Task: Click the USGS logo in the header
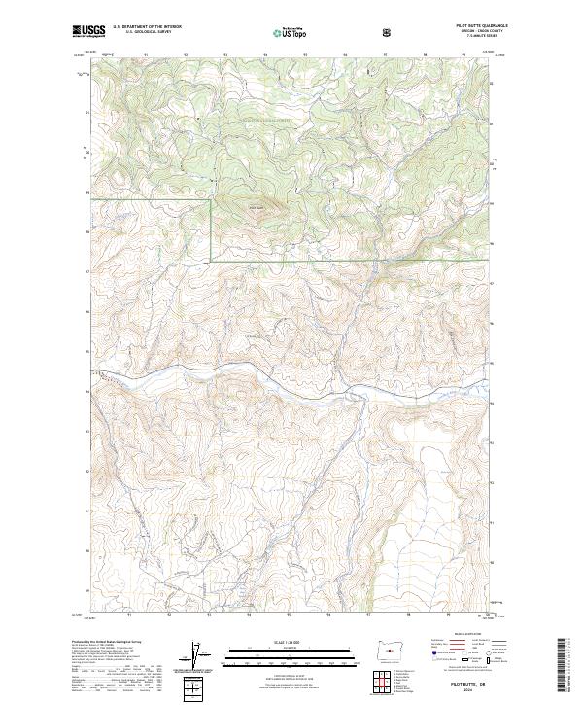tap(88, 31)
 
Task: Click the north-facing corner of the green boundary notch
tap(211, 202)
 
